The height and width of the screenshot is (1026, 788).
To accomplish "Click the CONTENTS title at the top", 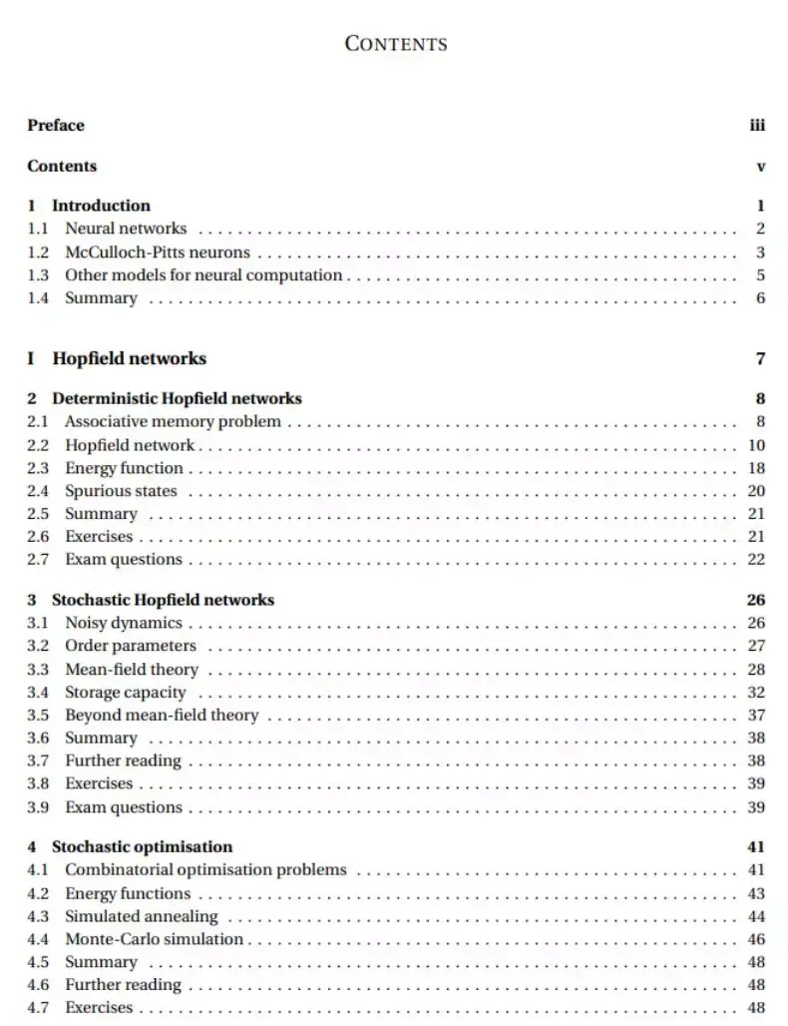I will point(395,44).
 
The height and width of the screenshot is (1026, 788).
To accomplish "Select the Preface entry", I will point(56,125).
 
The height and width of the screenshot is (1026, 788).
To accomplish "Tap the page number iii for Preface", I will point(757,125).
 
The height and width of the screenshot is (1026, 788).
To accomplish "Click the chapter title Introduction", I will point(101,206).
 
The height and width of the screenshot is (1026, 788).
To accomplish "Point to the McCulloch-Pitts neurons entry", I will point(158,253).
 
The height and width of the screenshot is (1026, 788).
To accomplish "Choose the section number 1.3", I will point(38,275).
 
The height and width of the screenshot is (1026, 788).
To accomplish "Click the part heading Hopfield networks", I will point(129,358).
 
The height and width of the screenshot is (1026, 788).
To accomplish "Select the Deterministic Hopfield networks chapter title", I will point(177,398).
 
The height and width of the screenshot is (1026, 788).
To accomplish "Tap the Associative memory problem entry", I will point(173,421).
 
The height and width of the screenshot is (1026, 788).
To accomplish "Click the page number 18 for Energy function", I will point(756,468).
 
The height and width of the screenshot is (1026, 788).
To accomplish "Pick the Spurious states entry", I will point(121,491).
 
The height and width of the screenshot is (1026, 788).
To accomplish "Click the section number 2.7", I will point(38,559).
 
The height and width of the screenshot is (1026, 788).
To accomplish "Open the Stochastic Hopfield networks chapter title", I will point(163,600).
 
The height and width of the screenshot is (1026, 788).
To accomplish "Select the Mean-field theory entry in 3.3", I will point(132,670).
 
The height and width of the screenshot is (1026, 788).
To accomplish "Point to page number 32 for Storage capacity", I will point(756,693).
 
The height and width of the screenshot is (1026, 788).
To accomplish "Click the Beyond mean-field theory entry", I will point(162,716).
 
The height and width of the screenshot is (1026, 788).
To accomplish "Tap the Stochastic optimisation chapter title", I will point(142,847).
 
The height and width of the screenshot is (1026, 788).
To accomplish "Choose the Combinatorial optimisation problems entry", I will point(205,870).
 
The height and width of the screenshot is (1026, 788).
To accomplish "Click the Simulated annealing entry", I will point(141,916).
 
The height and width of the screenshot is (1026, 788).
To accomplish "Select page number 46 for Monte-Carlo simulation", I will point(756,939).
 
